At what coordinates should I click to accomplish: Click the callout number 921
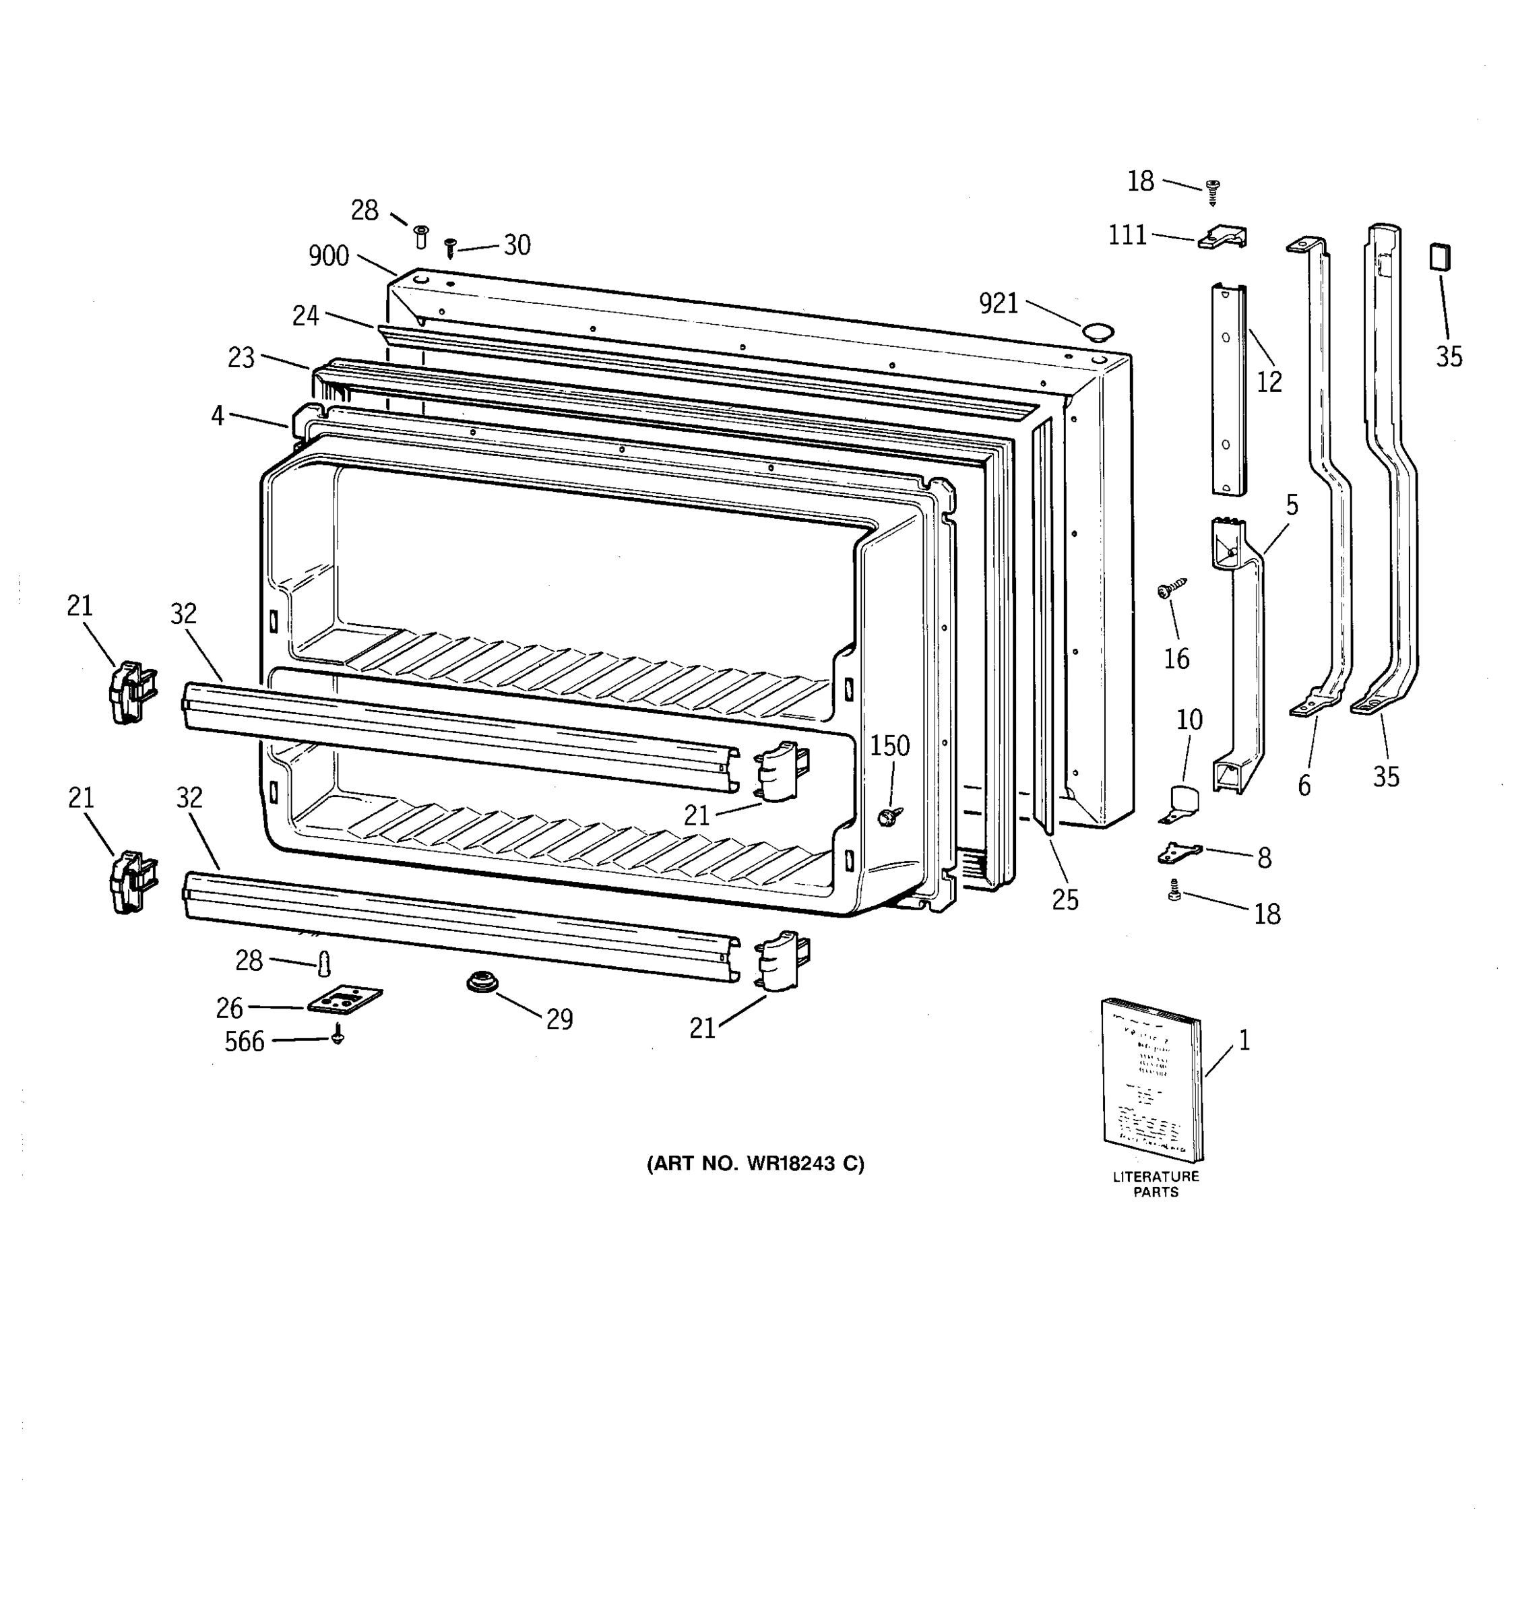click(x=998, y=303)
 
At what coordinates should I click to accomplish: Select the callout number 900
click(x=329, y=256)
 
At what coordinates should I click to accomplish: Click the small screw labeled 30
click(x=450, y=247)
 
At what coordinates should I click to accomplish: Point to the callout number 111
click(x=1127, y=235)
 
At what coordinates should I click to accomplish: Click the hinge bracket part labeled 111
click(x=1222, y=238)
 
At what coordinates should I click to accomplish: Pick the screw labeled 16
click(x=1171, y=588)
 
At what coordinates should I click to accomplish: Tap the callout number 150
click(x=890, y=746)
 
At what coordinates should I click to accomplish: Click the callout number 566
click(x=244, y=1042)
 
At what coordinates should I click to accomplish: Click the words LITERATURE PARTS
click(x=1156, y=1184)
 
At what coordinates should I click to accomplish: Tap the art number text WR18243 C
click(x=755, y=1164)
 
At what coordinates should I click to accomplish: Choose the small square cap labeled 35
click(x=1441, y=258)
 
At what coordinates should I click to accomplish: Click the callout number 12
click(x=1269, y=382)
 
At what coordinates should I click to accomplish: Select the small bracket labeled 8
click(x=1178, y=852)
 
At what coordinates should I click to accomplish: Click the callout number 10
click(x=1189, y=719)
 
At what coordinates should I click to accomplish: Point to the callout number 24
click(x=305, y=315)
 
